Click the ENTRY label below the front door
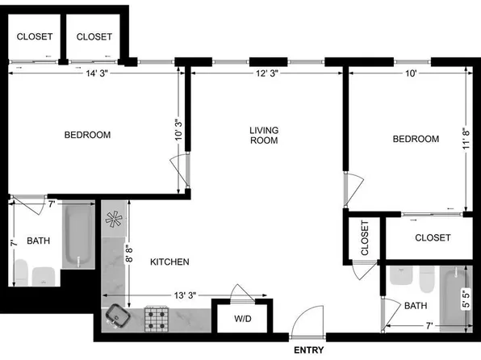[308, 350]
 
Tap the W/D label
[243, 319]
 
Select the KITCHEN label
[169, 262]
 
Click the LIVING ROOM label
[264, 136]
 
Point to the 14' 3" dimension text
[97, 73]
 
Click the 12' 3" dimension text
[267, 73]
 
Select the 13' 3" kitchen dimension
[185, 295]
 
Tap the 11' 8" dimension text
[466, 138]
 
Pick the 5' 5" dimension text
[466, 299]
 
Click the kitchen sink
[118, 316]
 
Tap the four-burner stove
[157, 319]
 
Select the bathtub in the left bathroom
[78, 235]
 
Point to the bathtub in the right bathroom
[456, 299]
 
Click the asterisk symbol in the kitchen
[114, 219]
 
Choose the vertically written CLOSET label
[365, 238]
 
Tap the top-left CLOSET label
[35, 36]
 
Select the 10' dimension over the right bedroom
[411, 73]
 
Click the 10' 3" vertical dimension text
[178, 129]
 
